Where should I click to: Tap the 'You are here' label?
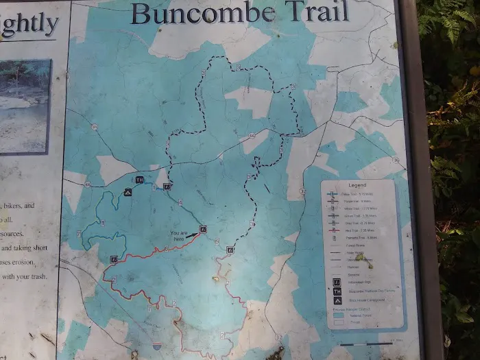click(178, 235)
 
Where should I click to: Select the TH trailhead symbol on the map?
click(139, 180)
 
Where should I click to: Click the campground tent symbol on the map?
click(128, 193)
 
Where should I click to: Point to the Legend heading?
click(357, 185)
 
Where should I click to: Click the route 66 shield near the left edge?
click(88, 184)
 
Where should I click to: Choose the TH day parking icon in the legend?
click(337, 291)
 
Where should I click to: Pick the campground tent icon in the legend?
click(337, 300)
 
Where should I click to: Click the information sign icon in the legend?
click(337, 281)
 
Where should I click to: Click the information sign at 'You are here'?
click(202, 229)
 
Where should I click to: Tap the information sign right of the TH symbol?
click(167, 186)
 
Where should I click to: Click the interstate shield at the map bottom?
click(157, 347)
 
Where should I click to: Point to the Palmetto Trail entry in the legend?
click(357, 239)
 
